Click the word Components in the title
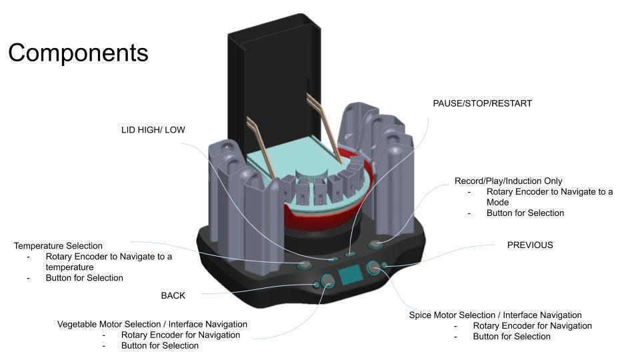pos(78,53)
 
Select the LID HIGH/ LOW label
pos(153,130)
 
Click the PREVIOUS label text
pos(530,245)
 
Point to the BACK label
pos(173,295)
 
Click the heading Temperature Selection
pos(58,246)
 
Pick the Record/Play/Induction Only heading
pos(508,181)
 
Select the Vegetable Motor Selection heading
pos(152,324)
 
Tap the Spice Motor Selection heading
pos(495,315)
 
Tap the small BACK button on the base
pos(317,285)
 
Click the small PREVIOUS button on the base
pos(385,267)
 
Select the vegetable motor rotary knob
pos(328,281)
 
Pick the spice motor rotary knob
pos(374,268)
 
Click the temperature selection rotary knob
pos(304,265)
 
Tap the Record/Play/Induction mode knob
pos(377,245)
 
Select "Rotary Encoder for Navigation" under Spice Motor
pos(532,326)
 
